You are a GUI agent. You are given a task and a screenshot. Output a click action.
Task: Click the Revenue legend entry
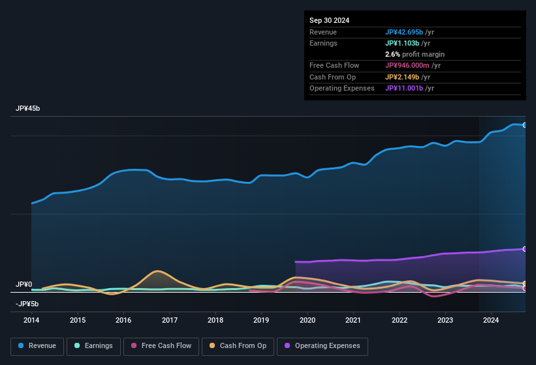tap(37, 345)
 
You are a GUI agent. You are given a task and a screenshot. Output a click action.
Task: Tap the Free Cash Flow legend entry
tap(161, 345)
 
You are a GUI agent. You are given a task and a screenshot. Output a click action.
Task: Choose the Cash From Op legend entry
tap(238, 345)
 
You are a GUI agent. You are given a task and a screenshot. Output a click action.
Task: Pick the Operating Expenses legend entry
tap(323, 345)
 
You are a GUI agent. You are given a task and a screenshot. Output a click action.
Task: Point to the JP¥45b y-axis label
tap(28, 109)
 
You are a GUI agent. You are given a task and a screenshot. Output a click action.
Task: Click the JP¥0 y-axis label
tap(24, 285)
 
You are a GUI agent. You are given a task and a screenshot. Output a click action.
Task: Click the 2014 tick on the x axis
tap(31, 320)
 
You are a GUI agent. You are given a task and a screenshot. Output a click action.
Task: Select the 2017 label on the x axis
tap(170, 320)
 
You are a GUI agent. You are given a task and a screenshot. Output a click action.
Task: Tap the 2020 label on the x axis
tap(307, 320)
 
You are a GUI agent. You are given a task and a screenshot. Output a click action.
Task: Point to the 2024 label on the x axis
tap(491, 320)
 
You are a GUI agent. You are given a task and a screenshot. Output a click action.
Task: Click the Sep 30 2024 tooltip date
tap(330, 20)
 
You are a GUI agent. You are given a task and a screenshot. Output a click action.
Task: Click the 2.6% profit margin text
tap(415, 54)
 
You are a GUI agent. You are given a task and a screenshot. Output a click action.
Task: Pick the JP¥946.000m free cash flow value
tap(413, 65)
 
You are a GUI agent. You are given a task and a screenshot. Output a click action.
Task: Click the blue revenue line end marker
tap(525, 124)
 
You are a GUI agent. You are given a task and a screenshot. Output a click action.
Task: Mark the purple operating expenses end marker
tap(525, 249)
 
